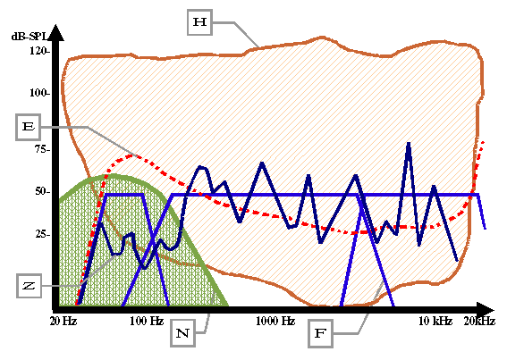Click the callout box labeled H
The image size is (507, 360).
[199, 22]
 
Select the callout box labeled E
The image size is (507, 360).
[28, 127]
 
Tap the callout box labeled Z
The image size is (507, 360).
[30, 286]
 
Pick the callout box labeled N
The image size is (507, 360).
[182, 333]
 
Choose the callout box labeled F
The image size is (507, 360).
[320, 333]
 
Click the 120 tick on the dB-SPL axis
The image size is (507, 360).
[39, 51]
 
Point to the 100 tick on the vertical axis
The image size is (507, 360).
[39, 93]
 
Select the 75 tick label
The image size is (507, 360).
[42, 149]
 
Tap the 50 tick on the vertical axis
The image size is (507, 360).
[42, 191]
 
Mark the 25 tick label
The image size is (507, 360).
[42, 234]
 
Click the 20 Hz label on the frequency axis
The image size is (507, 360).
[63, 321]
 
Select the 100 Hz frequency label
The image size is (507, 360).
[147, 321]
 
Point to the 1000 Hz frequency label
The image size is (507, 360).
[275, 321]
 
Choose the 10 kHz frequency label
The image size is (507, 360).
[435, 321]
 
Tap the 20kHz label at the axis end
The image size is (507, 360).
[479, 321]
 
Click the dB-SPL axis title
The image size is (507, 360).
[30, 37]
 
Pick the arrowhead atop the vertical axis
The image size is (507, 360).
[56, 32]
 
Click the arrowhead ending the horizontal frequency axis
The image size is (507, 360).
[486, 310]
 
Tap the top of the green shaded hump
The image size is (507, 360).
[114, 176]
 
